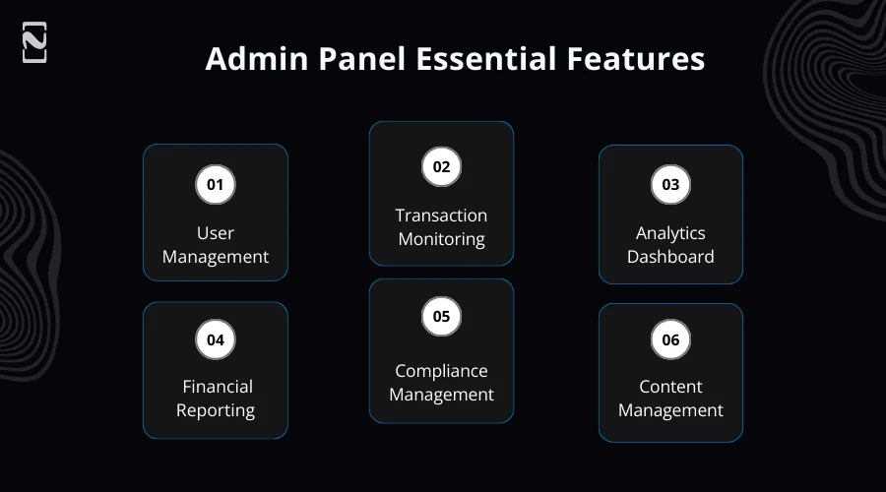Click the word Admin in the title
coord(247,59)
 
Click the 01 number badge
coord(216,184)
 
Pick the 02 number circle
coord(441,166)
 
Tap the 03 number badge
coord(670,184)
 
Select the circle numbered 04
coord(216,339)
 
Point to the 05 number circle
coord(441,316)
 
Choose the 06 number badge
coord(670,339)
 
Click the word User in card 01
coord(216,233)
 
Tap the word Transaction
coord(441,215)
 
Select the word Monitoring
coord(441,239)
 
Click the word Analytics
coord(670,233)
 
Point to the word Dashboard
coord(670,257)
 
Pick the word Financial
coord(218,387)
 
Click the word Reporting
coord(216,410)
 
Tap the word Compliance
coord(441,371)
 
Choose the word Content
coord(670,387)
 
